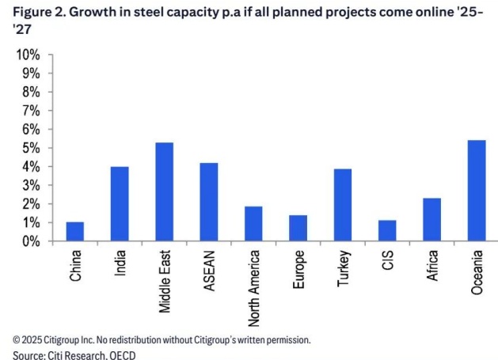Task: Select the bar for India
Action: tap(120, 204)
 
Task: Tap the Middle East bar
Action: tap(165, 192)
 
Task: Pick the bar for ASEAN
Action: tap(209, 203)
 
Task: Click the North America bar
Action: tap(253, 224)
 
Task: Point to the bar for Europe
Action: tap(298, 229)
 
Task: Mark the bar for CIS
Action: tap(387, 231)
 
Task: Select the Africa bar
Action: tap(431, 220)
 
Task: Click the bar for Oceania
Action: tap(477, 191)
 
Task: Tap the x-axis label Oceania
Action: tap(477, 273)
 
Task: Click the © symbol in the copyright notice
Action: tap(17, 339)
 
